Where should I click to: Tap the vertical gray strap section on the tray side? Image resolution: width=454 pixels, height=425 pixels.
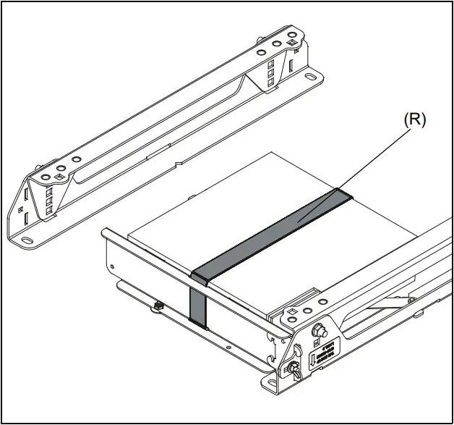tap(197, 305)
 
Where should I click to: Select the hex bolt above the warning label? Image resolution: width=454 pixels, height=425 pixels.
tap(316, 330)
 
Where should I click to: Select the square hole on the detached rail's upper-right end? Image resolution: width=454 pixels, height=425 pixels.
tap(290, 41)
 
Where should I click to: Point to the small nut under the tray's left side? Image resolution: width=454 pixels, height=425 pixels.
tap(157, 306)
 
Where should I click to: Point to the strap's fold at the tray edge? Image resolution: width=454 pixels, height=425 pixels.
tap(200, 279)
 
